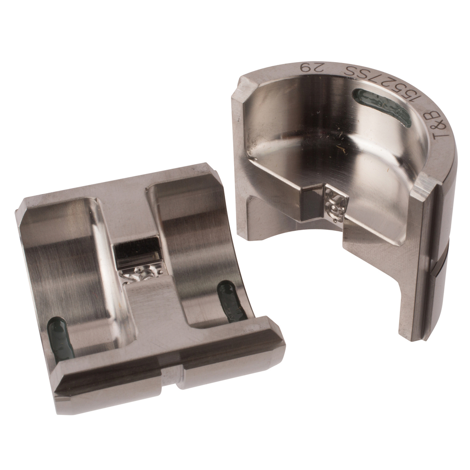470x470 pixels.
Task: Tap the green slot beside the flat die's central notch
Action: point(231,301)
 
